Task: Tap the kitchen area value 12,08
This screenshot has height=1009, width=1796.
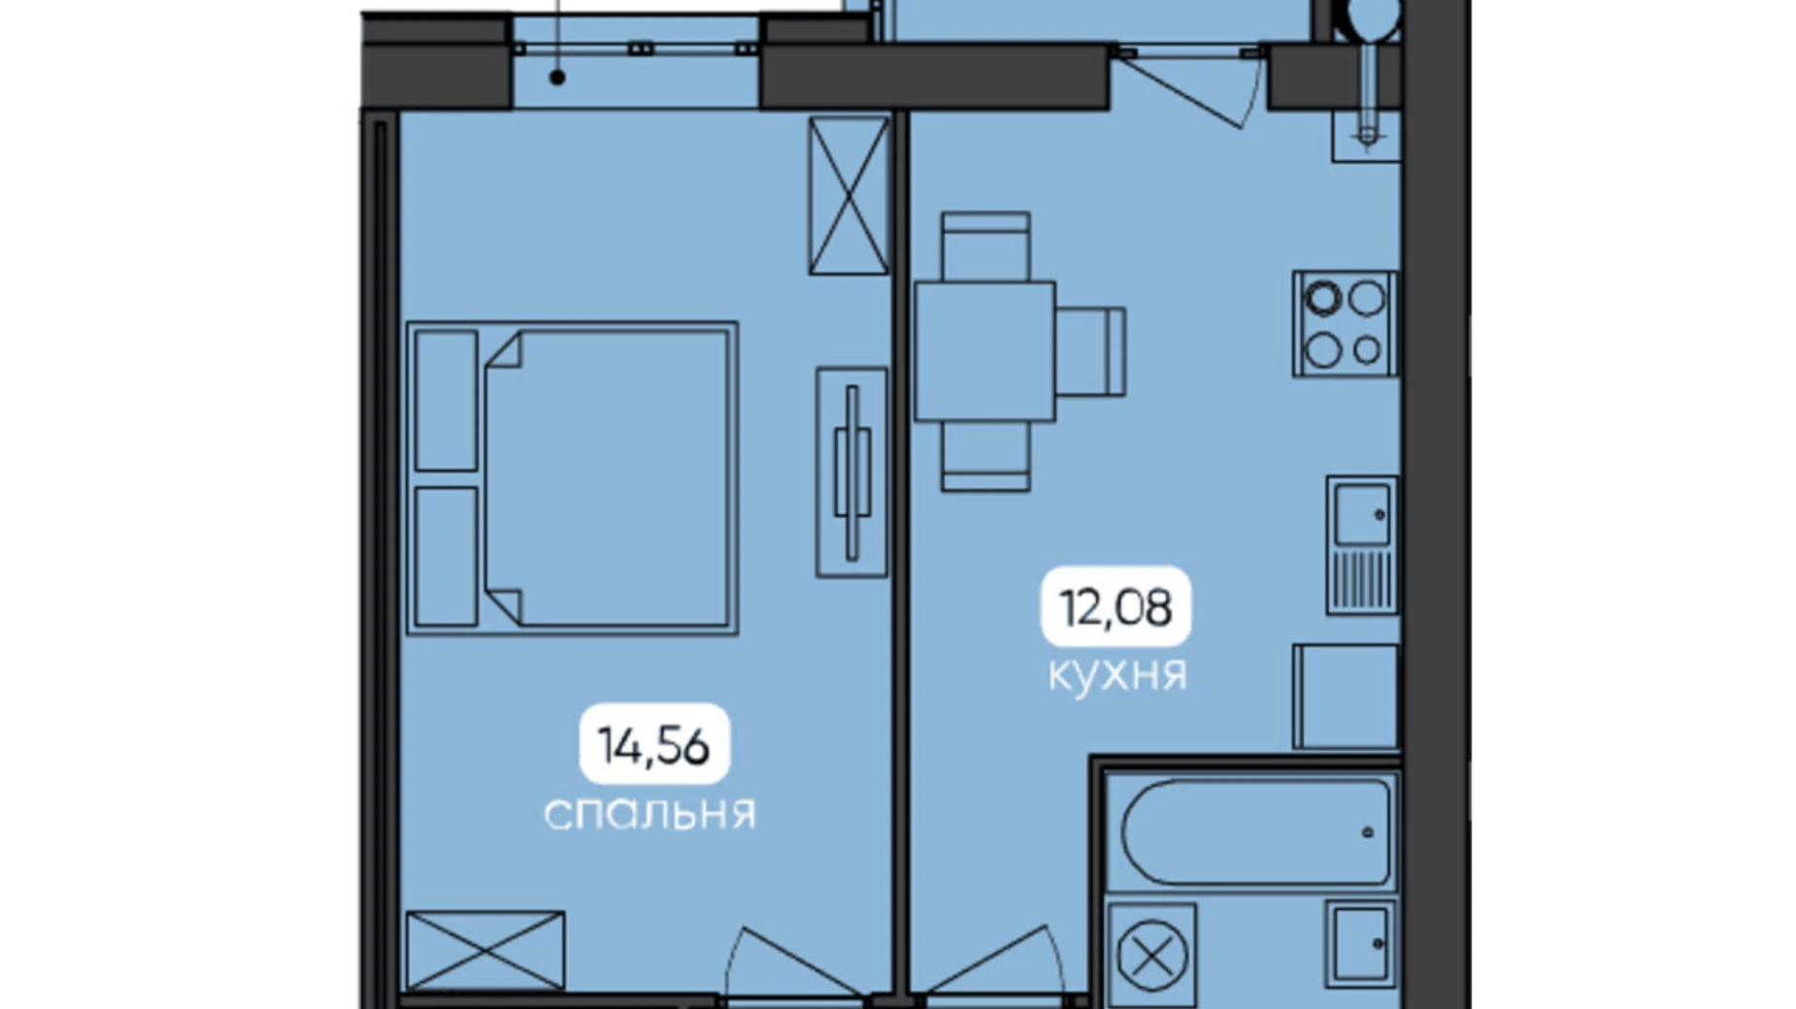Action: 1115,607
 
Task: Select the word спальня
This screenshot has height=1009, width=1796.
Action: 649,813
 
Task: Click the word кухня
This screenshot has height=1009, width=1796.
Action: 1117,673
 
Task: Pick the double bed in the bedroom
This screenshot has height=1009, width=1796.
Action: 572,478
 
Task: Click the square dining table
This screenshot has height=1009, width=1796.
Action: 984,351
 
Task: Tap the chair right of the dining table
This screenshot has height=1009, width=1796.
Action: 1090,351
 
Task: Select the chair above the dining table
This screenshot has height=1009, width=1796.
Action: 985,247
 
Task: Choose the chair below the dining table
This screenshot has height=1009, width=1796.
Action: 985,456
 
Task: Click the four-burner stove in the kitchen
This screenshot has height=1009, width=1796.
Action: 1345,324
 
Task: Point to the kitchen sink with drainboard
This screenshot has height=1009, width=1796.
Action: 1362,545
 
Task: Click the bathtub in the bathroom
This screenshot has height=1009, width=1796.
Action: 1256,832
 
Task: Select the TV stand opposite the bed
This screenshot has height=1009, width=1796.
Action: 851,472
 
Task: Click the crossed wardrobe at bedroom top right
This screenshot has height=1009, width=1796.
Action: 848,195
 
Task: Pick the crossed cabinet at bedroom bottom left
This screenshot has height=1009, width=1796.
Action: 485,951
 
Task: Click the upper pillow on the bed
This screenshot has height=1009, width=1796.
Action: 447,401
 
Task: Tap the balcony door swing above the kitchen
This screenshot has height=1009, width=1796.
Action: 1192,87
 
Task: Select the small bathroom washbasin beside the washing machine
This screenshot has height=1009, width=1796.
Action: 1362,943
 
